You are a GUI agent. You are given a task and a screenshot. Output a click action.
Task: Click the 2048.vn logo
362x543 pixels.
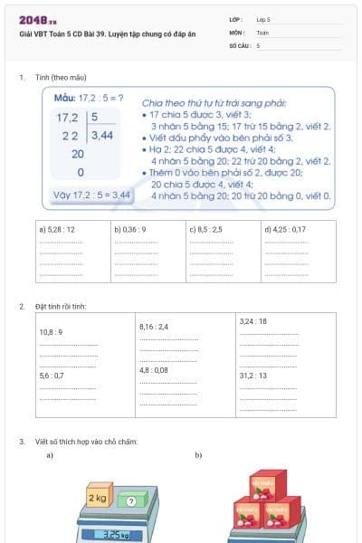[x=38, y=19]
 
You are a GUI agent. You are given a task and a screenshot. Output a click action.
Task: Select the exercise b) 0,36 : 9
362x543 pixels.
[x=130, y=230]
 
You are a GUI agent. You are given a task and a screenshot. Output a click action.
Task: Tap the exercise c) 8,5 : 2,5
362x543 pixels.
[x=205, y=230]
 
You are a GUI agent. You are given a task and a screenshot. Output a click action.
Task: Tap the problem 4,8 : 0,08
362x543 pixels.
[x=154, y=370]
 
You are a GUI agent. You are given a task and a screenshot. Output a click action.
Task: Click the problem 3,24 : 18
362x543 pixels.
[x=252, y=321]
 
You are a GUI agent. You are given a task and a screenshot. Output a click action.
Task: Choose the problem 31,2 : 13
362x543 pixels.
[x=252, y=375]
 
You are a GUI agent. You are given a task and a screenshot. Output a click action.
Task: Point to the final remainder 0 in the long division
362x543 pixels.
[x=81, y=172]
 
